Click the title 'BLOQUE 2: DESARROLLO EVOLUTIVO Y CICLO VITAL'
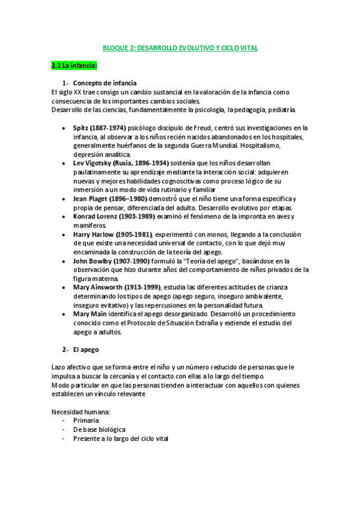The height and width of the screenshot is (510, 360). [180, 48]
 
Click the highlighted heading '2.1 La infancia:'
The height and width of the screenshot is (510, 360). [75, 65]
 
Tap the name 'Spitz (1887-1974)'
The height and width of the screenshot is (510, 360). [99, 127]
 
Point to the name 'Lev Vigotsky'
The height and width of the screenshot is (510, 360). [91, 163]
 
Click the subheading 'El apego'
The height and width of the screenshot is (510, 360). [86, 349]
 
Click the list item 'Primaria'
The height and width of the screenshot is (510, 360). [86, 421]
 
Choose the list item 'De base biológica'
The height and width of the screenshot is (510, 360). [99, 429]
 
